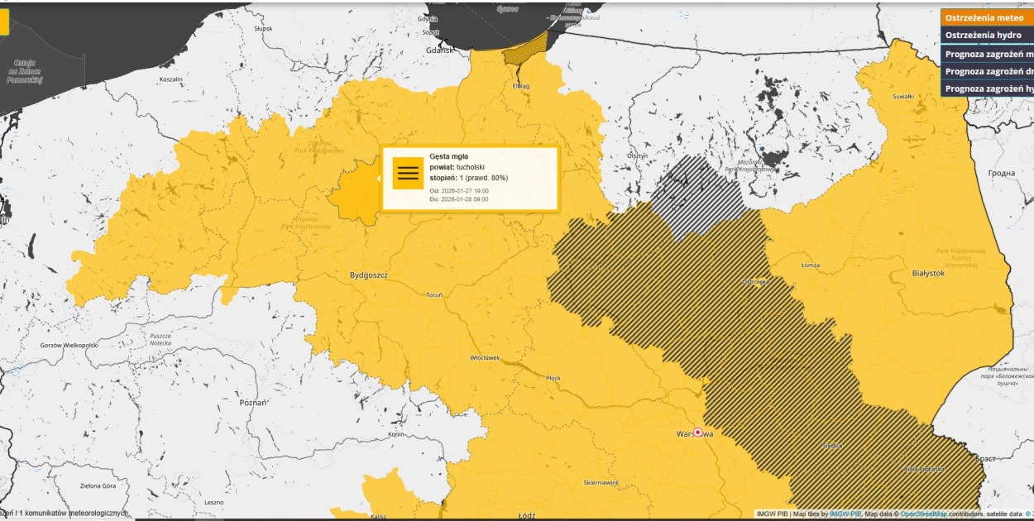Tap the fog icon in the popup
tap(408, 173)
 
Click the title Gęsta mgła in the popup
tap(448, 156)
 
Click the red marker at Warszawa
tap(698, 432)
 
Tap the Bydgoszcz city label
tap(369, 275)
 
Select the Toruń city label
tap(434, 295)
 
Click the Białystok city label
tap(927, 273)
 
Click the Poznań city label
tap(252, 402)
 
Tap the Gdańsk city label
tap(439, 50)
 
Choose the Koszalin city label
tap(170, 79)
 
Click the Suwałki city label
tap(903, 97)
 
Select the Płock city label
tap(553, 378)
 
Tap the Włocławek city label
tap(485, 358)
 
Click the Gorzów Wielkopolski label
tap(69, 345)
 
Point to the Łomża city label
tap(811, 265)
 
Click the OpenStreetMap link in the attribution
tap(923, 514)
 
